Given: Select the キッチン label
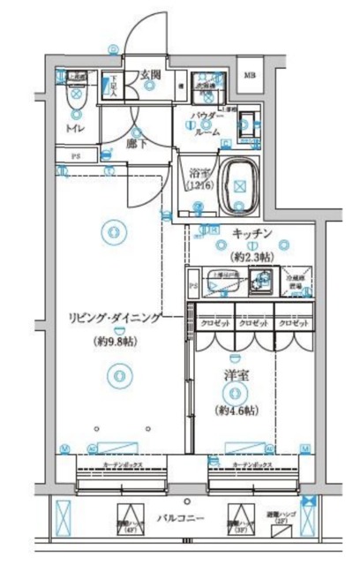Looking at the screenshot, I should click(x=253, y=234).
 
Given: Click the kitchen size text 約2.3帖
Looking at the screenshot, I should click(x=253, y=256).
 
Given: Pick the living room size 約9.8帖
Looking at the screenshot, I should click(x=112, y=340).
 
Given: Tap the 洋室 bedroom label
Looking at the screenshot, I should click(x=236, y=375).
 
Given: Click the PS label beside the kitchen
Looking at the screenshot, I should click(x=193, y=287).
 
